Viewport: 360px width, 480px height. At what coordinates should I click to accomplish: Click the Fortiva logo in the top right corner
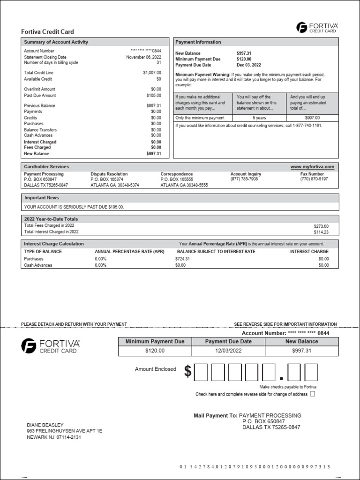click(x=317, y=28)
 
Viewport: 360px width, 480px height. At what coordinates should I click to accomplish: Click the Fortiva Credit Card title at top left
click(x=47, y=32)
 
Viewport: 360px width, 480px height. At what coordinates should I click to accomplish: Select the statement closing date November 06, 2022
click(x=143, y=57)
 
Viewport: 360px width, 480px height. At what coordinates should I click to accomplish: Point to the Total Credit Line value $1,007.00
click(x=152, y=73)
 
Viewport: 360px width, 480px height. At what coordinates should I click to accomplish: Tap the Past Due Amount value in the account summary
click(x=153, y=96)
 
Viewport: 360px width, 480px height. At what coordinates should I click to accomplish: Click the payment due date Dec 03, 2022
click(x=249, y=65)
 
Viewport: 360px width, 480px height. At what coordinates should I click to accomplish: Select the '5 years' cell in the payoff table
click(x=259, y=118)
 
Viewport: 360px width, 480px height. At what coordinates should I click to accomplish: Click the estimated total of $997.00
click(x=312, y=118)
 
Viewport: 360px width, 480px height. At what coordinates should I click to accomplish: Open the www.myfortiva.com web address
click(x=312, y=167)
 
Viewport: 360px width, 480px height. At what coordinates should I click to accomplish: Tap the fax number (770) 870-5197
click(x=314, y=179)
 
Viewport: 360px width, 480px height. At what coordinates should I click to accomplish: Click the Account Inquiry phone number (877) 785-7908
click(x=244, y=179)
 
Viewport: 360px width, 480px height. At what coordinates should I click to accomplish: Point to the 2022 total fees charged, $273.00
click(x=321, y=226)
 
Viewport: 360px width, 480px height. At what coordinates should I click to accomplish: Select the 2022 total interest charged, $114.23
click(x=321, y=232)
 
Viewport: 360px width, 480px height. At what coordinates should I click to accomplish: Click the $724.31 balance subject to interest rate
click(x=182, y=259)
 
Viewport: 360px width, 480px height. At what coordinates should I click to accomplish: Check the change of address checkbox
click(x=313, y=394)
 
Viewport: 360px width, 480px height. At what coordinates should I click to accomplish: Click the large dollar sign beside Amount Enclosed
click(x=187, y=371)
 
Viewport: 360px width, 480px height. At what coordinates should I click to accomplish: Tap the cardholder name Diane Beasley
click(x=45, y=425)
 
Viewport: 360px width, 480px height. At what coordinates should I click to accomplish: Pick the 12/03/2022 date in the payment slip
click(x=228, y=351)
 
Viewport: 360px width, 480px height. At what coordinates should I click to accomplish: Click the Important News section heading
click(x=42, y=198)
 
